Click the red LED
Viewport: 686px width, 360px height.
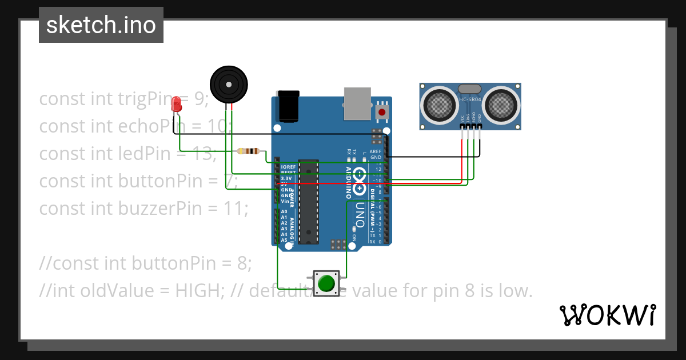[x=177, y=104]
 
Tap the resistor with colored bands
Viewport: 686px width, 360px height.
[x=249, y=151]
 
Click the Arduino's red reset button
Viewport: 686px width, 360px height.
[x=381, y=112]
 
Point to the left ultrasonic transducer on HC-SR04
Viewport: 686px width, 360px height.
[x=439, y=105]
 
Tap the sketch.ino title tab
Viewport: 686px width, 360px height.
[x=101, y=25]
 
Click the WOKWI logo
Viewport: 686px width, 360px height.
[x=607, y=315]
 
